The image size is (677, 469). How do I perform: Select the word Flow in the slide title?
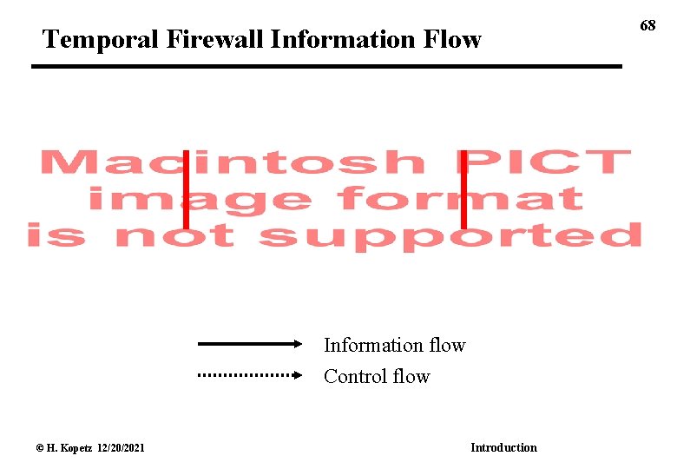tap(451, 39)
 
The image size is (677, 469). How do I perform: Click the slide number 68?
tap(647, 25)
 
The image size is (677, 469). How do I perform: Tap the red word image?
tap(200, 199)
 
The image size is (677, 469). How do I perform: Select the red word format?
tap(460, 199)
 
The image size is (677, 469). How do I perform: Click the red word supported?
tap(451, 236)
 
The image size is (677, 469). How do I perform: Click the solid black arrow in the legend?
tap(250, 344)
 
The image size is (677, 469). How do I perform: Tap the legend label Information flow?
tap(394, 345)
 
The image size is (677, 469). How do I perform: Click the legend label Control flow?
tap(377, 376)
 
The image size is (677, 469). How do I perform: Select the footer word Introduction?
tap(503, 447)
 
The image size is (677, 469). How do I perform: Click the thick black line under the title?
tap(326, 66)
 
